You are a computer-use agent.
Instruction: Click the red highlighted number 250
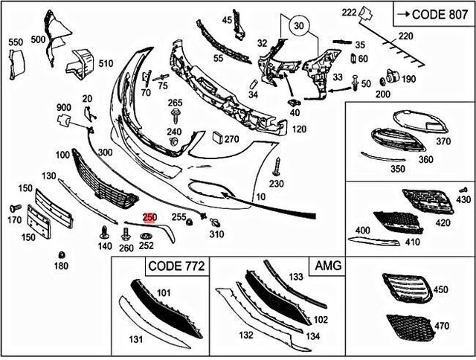point(149,217)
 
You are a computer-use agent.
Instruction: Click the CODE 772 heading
point(177,266)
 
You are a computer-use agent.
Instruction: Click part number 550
point(16,43)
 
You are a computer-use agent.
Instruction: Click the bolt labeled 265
point(175,114)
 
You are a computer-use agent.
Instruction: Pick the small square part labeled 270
point(216,138)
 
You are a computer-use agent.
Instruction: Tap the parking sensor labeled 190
point(390,78)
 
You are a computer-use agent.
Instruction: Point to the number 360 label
point(425,159)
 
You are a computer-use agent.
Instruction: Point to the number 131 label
point(136,340)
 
